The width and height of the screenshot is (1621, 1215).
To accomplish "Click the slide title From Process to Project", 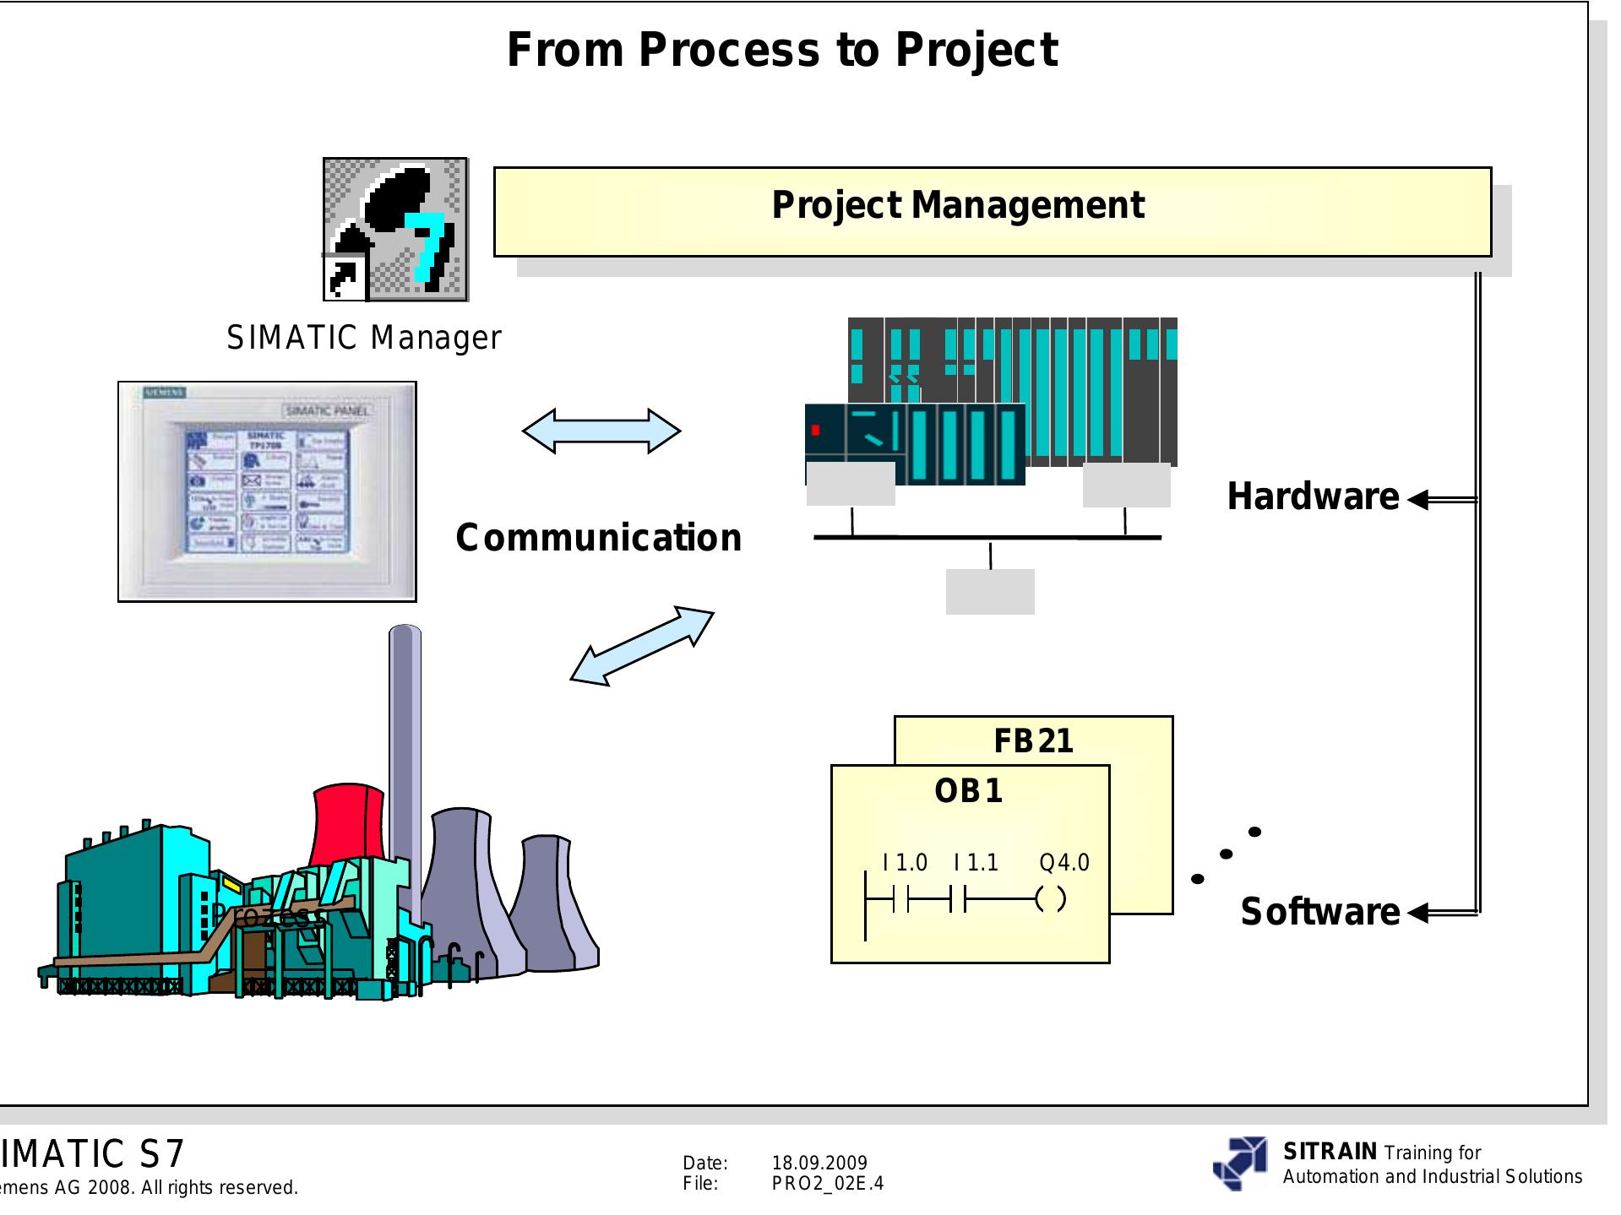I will click(781, 50).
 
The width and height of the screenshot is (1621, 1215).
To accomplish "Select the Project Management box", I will click(992, 211).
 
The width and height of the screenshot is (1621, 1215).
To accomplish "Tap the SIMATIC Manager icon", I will click(395, 229).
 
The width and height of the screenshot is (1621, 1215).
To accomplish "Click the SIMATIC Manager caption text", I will click(363, 338).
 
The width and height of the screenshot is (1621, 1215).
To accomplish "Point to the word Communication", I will click(598, 538).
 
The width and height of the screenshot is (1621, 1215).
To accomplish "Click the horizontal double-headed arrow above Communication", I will click(601, 431).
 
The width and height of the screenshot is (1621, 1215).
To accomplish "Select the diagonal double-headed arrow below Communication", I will click(642, 645).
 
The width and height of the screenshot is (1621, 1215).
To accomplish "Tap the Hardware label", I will click(1312, 496).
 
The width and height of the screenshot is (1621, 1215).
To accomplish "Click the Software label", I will click(1319, 912).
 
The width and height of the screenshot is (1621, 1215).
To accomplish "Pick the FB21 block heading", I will click(1033, 741).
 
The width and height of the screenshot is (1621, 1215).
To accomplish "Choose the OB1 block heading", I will click(969, 791).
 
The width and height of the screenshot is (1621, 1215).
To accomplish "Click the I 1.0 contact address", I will click(905, 863).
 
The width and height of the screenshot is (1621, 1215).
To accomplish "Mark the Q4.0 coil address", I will click(1064, 863).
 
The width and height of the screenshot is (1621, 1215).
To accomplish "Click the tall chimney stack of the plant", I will click(405, 760).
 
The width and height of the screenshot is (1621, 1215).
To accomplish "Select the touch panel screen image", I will click(267, 491).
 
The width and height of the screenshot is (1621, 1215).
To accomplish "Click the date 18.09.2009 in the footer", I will click(819, 1163).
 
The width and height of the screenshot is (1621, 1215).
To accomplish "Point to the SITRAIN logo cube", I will click(1239, 1163).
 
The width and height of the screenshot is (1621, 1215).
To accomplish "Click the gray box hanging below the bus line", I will click(989, 591).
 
